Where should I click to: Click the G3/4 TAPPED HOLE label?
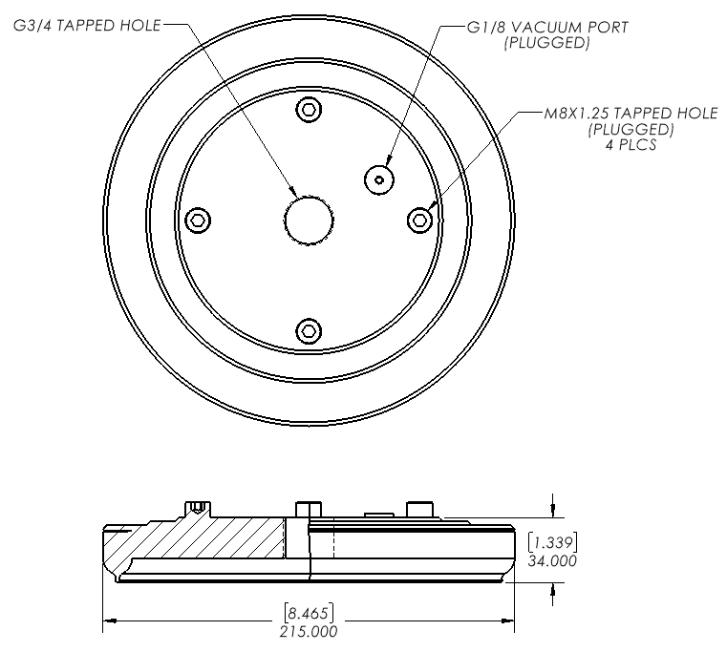click(87, 25)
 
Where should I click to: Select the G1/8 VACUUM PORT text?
click(547, 28)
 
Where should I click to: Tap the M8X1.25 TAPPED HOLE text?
click(631, 113)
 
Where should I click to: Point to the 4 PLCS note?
click(631, 145)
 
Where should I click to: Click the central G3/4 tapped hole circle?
click(309, 221)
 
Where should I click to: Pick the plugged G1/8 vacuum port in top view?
click(379, 179)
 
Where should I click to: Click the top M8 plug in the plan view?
click(309, 110)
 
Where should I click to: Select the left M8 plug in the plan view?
click(198, 220)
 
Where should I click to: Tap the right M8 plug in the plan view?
click(420, 220)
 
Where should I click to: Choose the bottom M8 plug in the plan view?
click(309, 330)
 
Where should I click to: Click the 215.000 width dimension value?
click(309, 631)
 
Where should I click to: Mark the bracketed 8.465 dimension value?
click(309, 613)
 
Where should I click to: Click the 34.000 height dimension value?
click(552, 560)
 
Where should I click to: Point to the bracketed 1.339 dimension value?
click(552, 541)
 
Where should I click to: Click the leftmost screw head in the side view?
click(198, 509)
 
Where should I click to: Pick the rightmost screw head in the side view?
click(420, 509)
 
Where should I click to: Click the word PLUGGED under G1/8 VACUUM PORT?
click(547, 43)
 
